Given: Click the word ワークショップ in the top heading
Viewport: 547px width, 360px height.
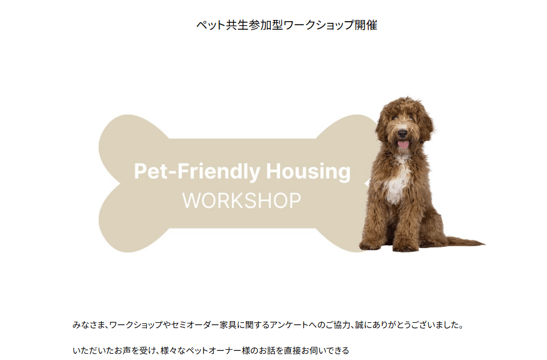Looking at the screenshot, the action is (319, 25).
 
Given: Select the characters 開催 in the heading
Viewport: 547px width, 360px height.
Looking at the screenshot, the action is (366, 25).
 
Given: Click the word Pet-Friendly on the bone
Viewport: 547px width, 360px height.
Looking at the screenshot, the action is (197, 171).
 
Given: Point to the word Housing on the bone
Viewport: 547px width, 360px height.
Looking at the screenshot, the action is (308, 171).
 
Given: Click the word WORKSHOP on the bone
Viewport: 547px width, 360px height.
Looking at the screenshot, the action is (241, 201).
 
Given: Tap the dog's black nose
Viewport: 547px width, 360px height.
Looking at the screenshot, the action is (402, 133).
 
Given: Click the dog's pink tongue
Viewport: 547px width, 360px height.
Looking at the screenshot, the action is (403, 143).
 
